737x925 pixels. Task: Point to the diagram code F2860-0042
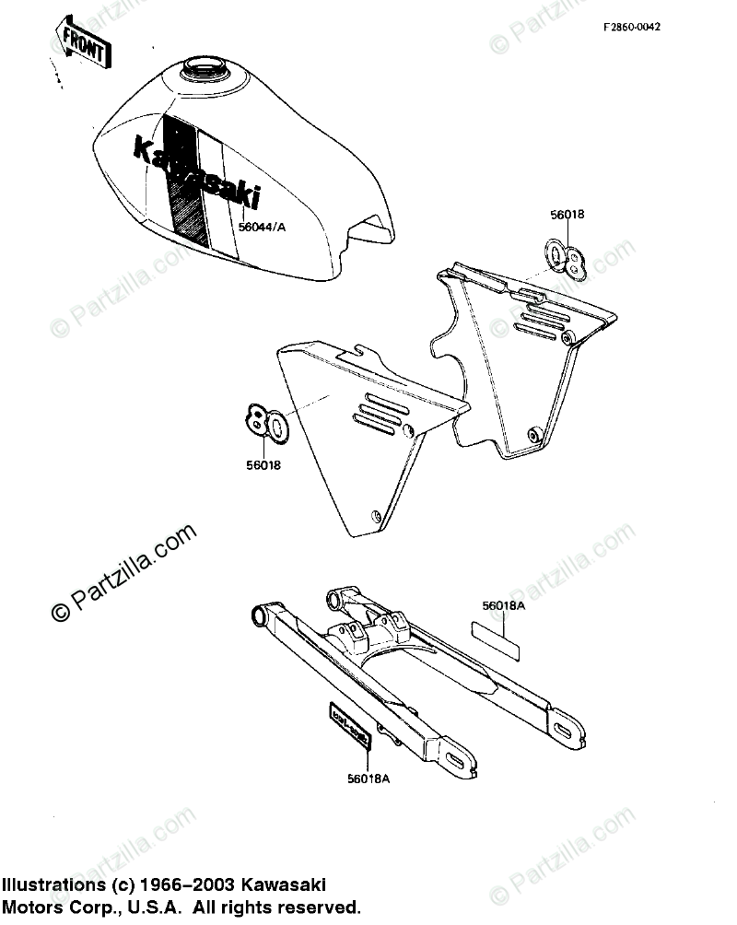(x=632, y=27)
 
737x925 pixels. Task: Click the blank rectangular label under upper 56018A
(x=497, y=639)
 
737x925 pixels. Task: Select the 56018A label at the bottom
(x=368, y=778)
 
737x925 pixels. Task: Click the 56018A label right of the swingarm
(x=503, y=605)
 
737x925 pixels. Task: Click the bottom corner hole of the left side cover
(x=374, y=516)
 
